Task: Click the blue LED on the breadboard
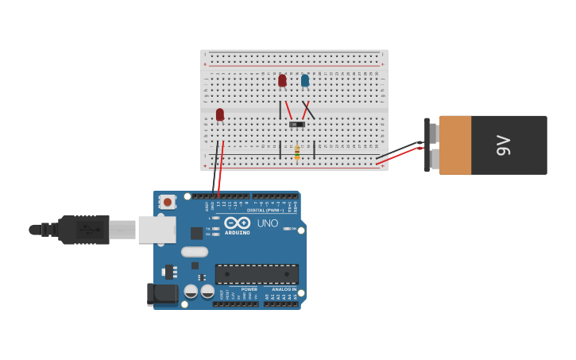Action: (305, 80)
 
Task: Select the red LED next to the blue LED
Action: (282, 80)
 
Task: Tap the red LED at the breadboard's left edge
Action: (220, 114)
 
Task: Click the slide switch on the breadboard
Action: (297, 125)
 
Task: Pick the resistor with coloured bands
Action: (297, 153)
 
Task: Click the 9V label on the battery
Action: (502, 145)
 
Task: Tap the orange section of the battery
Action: (455, 145)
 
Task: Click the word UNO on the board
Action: (268, 223)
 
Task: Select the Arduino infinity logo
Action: (237, 223)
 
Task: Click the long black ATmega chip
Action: (257, 274)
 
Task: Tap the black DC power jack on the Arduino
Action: (163, 294)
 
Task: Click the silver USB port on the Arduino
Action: (157, 229)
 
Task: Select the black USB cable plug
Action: (83, 230)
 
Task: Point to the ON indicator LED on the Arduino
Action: (287, 229)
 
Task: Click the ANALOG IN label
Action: (284, 289)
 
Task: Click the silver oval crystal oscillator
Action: (195, 252)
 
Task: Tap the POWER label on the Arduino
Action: (249, 289)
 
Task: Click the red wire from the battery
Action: (397, 156)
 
